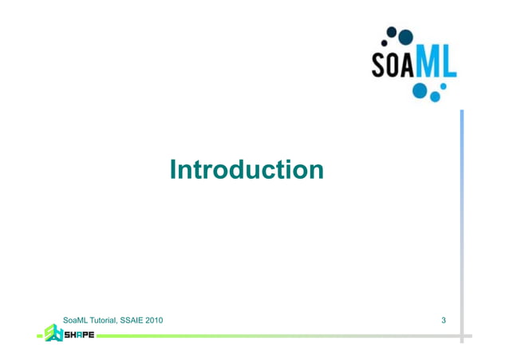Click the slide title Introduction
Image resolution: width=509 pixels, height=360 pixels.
[247, 169]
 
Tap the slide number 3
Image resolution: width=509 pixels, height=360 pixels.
[444, 320]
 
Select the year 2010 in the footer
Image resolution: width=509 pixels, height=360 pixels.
[154, 320]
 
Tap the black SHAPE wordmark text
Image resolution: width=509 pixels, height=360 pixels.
[78, 335]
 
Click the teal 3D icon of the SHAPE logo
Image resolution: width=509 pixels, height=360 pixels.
[53, 333]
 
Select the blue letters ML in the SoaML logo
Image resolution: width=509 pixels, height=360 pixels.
[438, 63]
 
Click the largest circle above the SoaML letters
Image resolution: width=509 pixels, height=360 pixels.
[405, 36]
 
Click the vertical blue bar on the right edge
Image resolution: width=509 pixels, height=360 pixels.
[461, 224]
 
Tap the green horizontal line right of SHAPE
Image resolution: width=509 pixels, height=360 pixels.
[279, 336]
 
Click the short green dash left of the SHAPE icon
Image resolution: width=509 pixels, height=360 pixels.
[40, 336]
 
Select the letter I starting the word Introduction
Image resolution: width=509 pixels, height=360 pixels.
[173, 169]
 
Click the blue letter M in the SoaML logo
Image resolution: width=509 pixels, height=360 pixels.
[431, 63]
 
